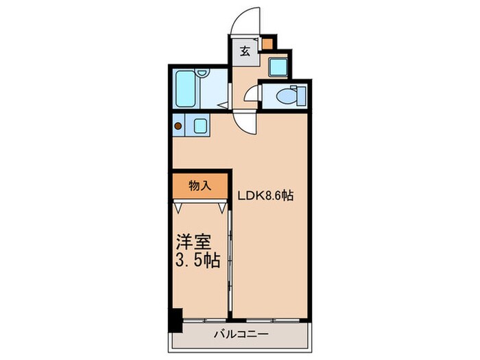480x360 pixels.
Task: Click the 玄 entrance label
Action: [x=245, y=50]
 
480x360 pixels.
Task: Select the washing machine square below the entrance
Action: [x=278, y=67]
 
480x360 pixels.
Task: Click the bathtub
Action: [x=188, y=86]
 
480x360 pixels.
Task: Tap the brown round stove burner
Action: [x=179, y=125]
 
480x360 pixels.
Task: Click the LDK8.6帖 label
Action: [x=266, y=195]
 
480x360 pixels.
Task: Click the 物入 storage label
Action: [x=200, y=185]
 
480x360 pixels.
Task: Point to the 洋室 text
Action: [x=193, y=243]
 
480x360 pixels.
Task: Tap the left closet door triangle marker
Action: [x=180, y=205]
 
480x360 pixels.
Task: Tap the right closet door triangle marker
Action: [x=222, y=205]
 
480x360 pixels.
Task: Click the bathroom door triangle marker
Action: [x=224, y=105]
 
